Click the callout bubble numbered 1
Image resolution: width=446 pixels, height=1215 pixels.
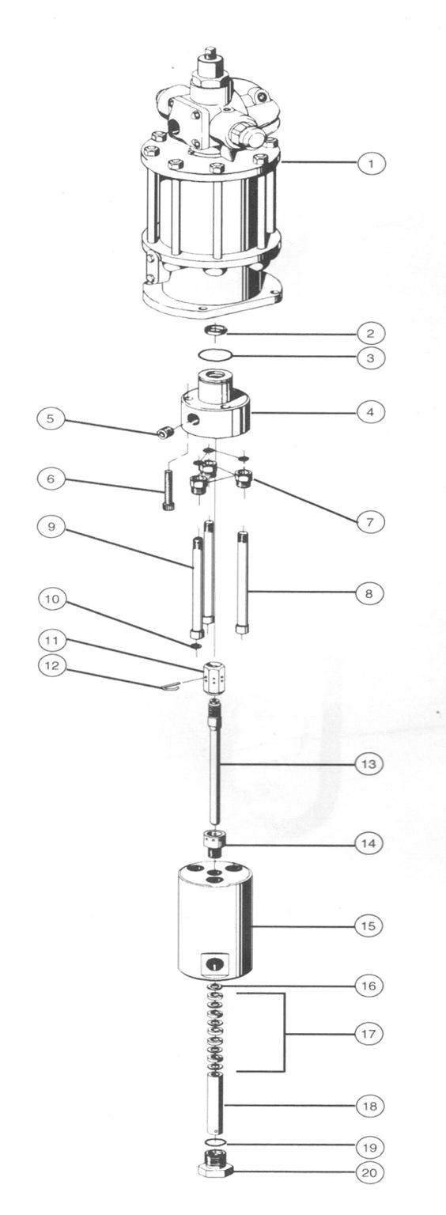click(371, 163)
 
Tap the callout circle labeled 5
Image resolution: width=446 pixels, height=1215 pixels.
click(51, 418)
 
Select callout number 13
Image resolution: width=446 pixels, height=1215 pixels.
click(369, 763)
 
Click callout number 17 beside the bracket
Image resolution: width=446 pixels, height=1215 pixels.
click(369, 1034)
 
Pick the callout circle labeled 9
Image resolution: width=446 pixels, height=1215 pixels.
click(51, 528)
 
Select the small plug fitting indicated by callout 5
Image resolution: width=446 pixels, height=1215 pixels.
click(164, 433)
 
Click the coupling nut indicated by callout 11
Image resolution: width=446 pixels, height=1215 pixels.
click(214, 676)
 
